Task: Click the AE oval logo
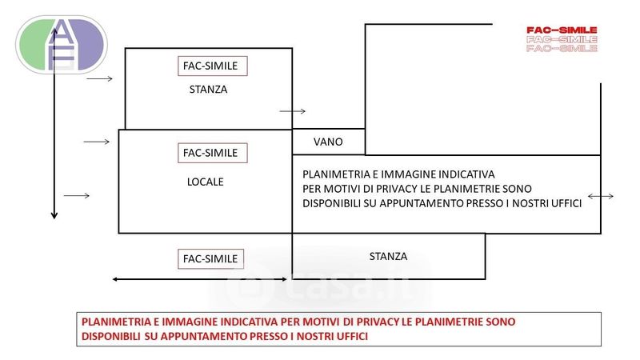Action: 62,45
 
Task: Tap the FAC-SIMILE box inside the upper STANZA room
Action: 213,66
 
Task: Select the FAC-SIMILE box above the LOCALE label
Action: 213,153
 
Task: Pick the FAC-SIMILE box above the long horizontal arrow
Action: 210,258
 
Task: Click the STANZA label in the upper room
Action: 208,90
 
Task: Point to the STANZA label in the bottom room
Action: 388,256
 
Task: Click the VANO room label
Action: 328,142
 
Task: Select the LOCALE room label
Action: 206,182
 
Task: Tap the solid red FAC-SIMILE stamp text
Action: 562,30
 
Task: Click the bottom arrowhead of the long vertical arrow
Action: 54,215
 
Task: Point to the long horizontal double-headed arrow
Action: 199,279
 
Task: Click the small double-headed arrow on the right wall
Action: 601,196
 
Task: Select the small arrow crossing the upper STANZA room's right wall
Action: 292,111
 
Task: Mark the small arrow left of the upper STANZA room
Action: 99,78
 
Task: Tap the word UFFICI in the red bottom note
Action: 352,336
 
